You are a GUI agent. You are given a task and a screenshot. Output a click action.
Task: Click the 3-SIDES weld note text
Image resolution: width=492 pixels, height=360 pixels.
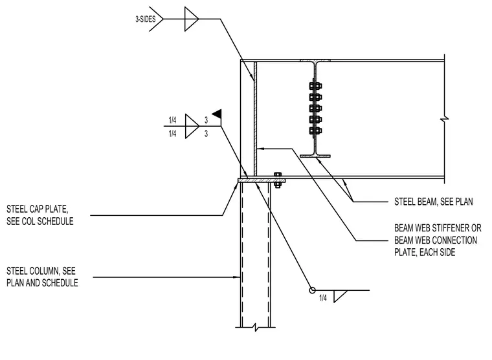tap(145, 19)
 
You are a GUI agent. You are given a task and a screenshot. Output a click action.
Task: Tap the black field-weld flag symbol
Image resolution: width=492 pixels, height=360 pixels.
tap(217, 114)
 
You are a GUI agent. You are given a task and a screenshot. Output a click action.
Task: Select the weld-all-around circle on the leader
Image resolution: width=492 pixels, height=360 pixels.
tap(312, 290)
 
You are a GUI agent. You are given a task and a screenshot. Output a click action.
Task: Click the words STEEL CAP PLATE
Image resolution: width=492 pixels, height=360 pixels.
tap(37, 209)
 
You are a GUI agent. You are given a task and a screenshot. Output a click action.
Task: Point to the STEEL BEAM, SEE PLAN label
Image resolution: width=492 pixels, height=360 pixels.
tap(433, 202)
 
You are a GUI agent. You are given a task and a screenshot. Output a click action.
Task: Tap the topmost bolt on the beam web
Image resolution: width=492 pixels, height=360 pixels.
tap(315, 85)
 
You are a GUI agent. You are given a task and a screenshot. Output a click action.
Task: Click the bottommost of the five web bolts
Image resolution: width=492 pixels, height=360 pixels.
tap(315, 131)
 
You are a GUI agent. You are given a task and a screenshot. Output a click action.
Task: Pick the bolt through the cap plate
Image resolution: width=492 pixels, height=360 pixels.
tap(277, 180)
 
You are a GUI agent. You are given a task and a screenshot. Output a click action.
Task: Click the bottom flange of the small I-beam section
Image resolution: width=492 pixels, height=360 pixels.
tap(315, 156)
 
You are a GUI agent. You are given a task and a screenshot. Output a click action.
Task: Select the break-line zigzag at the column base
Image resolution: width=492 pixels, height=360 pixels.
tap(256, 328)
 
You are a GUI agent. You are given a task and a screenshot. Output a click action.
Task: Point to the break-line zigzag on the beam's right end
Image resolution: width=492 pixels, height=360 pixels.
tap(445, 119)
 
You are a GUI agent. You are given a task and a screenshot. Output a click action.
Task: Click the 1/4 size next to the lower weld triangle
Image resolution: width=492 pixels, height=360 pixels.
tap(323, 298)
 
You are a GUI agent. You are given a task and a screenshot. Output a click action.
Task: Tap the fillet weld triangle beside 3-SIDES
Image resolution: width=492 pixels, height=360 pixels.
tap(192, 19)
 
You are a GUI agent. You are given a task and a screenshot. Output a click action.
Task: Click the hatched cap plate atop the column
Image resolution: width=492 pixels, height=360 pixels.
tap(262, 180)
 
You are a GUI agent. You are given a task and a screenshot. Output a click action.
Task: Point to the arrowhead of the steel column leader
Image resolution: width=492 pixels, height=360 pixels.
tap(238, 277)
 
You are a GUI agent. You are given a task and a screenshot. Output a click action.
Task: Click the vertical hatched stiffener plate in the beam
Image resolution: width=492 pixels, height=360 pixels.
tap(255, 119)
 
